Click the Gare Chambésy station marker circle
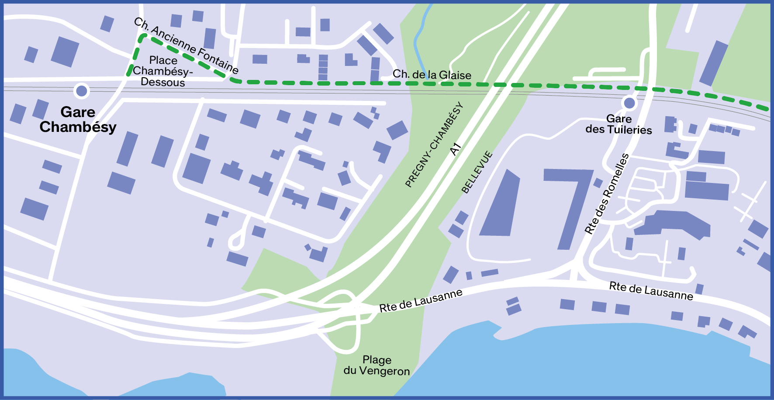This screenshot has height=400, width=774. pyautogui.click(x=82, y=91)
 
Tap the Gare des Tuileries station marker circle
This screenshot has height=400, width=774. pyautogui.click(x=629, y=103)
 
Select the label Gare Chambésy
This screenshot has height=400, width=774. pyautogui.click(x=78, y=119)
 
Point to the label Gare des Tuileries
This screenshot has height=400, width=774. pyautogui.click(x=619, y=124)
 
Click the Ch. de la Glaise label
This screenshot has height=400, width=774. pyautogui.click(x=432, y=75)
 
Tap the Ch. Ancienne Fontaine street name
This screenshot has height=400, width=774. pyautogui.click(x=187, y=46)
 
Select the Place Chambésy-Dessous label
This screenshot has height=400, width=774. pyautogui.click(x=163, y=71)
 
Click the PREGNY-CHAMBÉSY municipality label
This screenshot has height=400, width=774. pyautogui.click(x=433, y=145)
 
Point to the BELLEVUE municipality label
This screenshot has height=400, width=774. pyautogui.click(x=477, y=172)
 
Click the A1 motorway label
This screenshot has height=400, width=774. pyautogui.click(x=456, y=149)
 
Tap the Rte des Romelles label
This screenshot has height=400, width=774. pyautogui.click(x=607, y=194)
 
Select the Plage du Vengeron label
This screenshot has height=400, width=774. pyautogui.click(x=377, y=366)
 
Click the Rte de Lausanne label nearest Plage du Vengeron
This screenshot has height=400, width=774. pyautogui.click(x=420, y=300)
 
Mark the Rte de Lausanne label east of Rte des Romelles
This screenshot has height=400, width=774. pyautogui.click(x=651, y=291)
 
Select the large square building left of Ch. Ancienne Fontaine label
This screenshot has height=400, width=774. pyautogui.click(x=65, y=52)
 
